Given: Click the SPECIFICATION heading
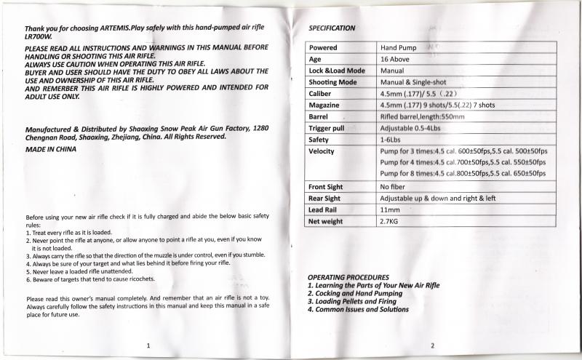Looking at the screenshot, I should (332, 28).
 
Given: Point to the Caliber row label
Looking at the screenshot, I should (322, 94).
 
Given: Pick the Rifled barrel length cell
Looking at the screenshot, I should (423, 116).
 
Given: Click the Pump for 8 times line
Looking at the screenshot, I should (463, 173).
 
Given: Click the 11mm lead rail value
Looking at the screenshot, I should (390, 210).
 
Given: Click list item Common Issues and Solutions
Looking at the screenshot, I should (358, 309).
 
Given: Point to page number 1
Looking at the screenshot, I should (148, 345).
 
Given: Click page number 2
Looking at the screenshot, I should (432, 345).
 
